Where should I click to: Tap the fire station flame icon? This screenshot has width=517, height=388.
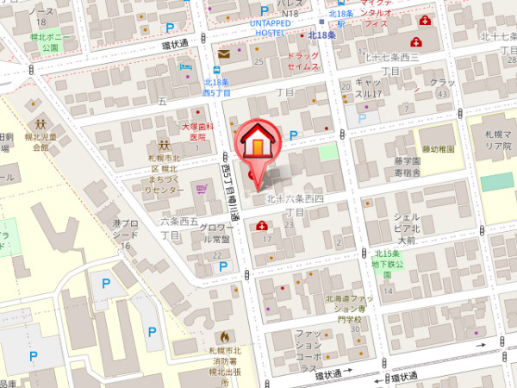224,336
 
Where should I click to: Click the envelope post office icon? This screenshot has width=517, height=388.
224,54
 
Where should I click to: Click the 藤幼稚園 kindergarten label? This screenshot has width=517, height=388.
438,149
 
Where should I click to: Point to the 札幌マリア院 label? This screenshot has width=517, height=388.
497,141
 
